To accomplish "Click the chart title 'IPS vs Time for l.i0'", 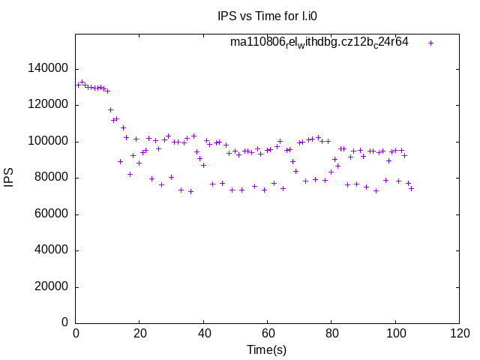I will point(273,15).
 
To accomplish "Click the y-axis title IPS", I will point(9,178).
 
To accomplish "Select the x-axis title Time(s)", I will point(267,349).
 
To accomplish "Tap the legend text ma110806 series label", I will point(319,42).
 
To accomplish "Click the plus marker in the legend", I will point(430,43).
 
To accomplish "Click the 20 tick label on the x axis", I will point(139,334).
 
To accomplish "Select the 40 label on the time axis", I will point(203,334).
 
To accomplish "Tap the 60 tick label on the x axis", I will point(268,334).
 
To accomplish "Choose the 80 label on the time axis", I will point(331,334).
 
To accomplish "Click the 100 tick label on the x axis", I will point(395,334).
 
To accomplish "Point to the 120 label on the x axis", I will point(460,334).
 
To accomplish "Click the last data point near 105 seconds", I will point(411,188).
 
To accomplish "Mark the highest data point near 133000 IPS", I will point(82,82).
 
